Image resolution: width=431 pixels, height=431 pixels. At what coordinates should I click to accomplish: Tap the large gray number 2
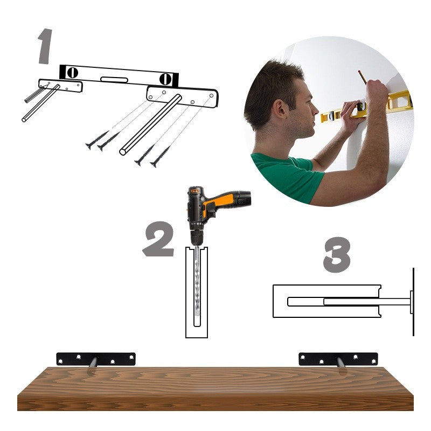pos(158,239)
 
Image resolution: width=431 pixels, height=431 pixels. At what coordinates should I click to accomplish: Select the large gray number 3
pos(337,254)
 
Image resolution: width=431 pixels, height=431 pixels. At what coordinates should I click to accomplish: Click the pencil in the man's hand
pos(362,77)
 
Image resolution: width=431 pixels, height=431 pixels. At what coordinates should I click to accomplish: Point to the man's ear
pos(280,109)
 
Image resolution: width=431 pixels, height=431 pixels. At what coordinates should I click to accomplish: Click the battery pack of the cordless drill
pos(243,198)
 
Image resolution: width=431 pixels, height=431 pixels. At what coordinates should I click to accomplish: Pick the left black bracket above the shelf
pos(96,359)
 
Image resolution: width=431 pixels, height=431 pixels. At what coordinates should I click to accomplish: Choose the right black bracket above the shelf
pos(338,359)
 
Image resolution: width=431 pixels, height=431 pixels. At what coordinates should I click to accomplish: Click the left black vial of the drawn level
pos(73,73)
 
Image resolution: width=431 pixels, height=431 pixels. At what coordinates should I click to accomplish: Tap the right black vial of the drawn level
pos(165,79)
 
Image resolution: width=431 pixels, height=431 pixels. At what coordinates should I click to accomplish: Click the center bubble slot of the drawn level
pos(114,80)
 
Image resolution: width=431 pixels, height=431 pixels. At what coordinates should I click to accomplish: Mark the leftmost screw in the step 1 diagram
pos(97,140)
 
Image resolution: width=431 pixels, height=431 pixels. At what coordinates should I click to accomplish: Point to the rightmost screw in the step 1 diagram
pos(160,156)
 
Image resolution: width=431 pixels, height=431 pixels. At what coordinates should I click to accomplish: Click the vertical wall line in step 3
pos(413,302)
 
